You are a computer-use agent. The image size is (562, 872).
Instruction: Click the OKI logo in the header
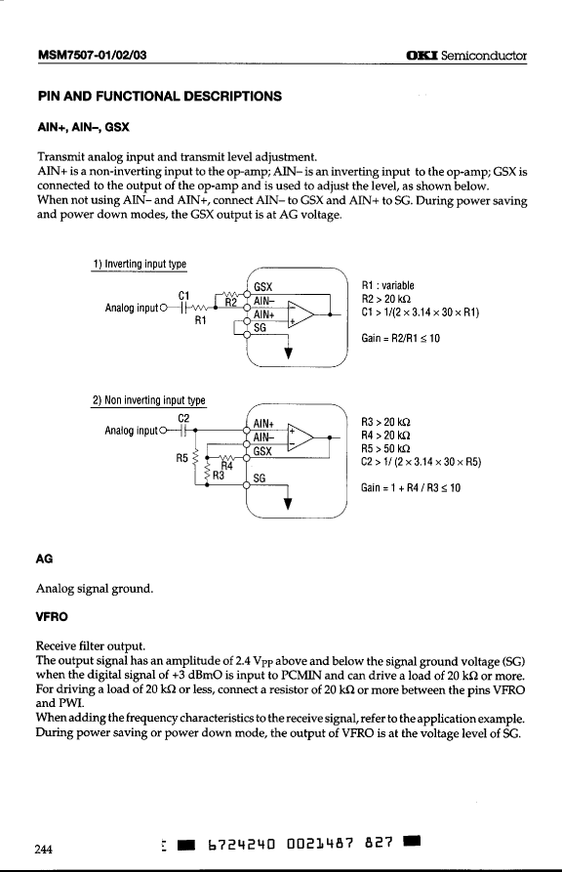(x=421, y=56)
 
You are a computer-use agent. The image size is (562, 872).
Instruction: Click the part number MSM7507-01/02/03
(x=93, y=55)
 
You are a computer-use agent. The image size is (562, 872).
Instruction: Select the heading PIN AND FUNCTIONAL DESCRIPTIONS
(x=160, y=97)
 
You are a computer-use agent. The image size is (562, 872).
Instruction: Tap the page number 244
(x=43, y=850)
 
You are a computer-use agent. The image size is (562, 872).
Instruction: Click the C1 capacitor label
(x=184, y=295)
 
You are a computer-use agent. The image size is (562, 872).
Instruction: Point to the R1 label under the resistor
(x=201, y=320)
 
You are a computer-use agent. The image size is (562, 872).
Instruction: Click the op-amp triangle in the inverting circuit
(x=301, y=314)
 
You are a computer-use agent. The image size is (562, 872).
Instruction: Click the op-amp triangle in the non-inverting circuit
(x=301, y=437)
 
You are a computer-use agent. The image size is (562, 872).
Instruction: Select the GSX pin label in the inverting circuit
(x=262, y=287)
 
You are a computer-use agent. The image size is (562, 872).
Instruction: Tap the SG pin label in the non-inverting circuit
(x=259, y=478)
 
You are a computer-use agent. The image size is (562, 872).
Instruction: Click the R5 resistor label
(x=181, y=458)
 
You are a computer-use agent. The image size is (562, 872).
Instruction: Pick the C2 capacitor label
(x=183, y=418)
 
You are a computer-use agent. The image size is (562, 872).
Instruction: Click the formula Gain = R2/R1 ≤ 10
(x=400, y=338)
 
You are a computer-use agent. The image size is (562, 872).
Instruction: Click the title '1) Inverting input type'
(x=140, y=264)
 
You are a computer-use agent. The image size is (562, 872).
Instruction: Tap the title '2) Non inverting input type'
(x=149, y=400)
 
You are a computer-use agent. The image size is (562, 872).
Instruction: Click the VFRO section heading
(x=52, y=617)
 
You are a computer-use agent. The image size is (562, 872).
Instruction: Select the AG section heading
(x=44, y=559)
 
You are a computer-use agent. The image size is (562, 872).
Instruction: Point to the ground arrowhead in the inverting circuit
(x=288, y=353)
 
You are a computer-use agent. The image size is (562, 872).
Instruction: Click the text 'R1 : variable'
(x=387, y=285)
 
